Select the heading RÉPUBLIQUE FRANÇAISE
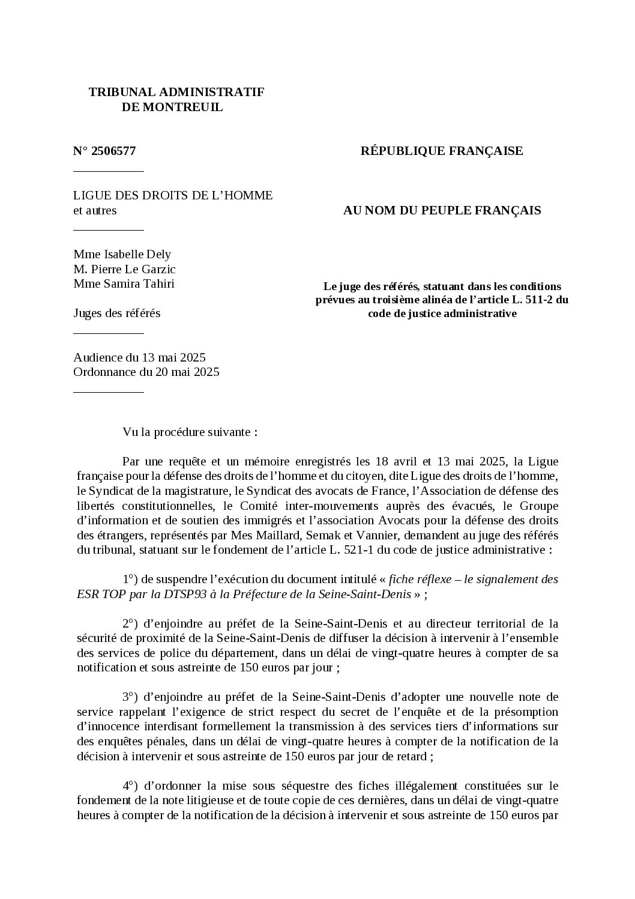pyautogui.click(x=441, y=151)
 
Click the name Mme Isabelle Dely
pyautogui.click(x=122, y=254)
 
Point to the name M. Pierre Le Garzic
pyautogui.click(x=124, y=269)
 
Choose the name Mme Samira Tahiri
pyautogui.click(x=124, y=283)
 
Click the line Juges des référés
pyautogui.click(x=116, y=313)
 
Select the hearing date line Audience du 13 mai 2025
pyautogui.click(x=139, y=357)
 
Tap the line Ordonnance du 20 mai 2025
pyautogui.click(x=146, y=372)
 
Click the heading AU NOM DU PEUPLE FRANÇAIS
pyautogui.click(x=441, y=210)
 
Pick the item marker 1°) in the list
pyautogui.click(x=130, y=580)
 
